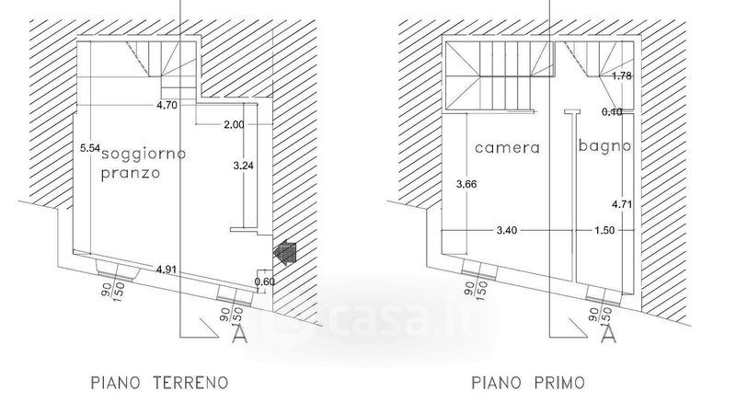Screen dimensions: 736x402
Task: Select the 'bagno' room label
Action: pyautogui.click(x=604, y=145)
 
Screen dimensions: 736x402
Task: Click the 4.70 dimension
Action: pyautogui.click(x=167, y=106)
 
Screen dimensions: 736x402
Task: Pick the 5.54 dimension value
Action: pyautogui.click(x=88, y=147)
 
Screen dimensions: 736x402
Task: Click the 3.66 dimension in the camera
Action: pyautogui.click(x=466, y=184)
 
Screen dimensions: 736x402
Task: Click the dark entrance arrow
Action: pyautogui.click(x=285, y=250)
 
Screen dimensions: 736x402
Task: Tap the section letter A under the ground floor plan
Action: pyautogui.click(x=239, y=336)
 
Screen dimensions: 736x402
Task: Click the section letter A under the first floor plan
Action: pyautogui.click(x=607, y=336)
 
